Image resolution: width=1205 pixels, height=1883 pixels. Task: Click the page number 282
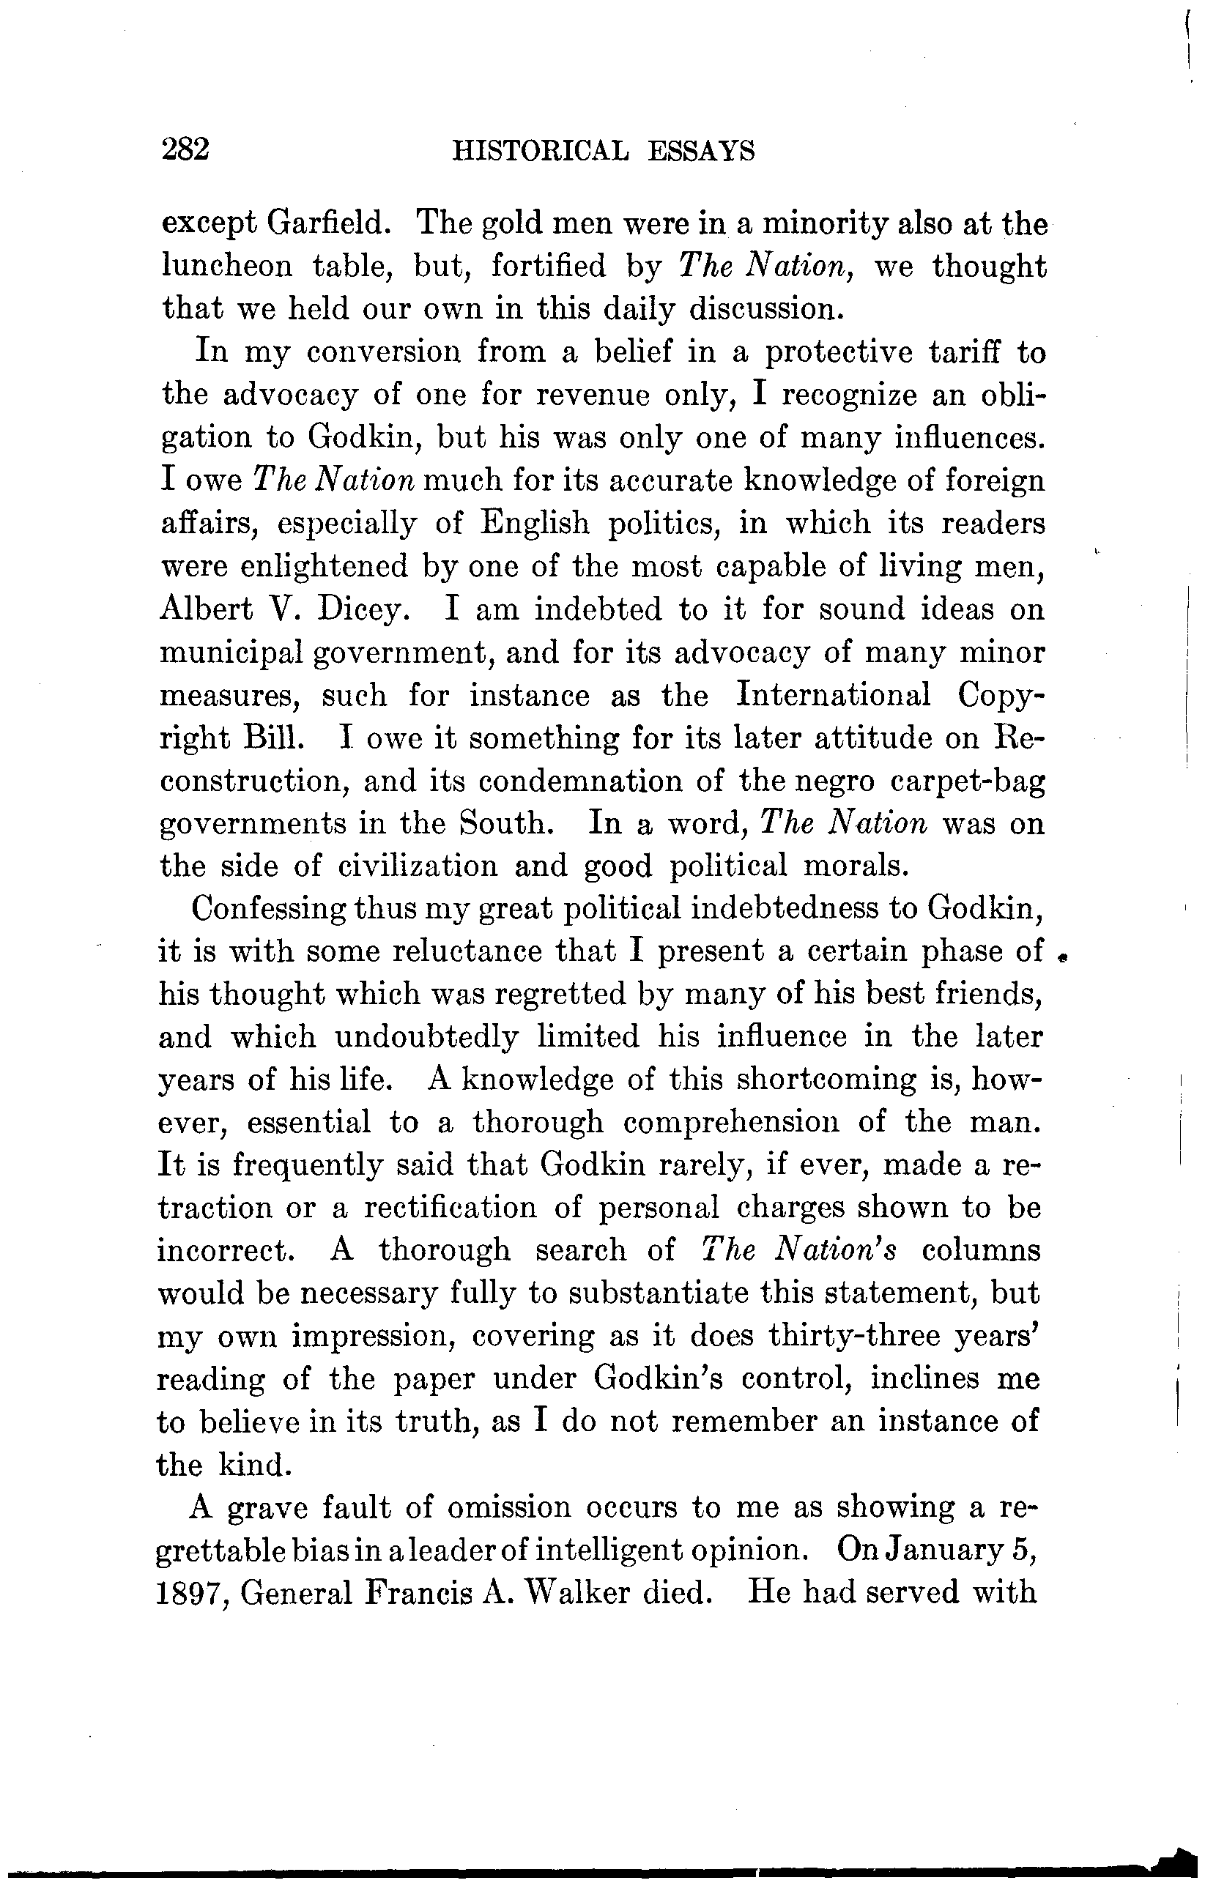click(185, 149)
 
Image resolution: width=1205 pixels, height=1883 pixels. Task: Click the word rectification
click(450, 1208)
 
